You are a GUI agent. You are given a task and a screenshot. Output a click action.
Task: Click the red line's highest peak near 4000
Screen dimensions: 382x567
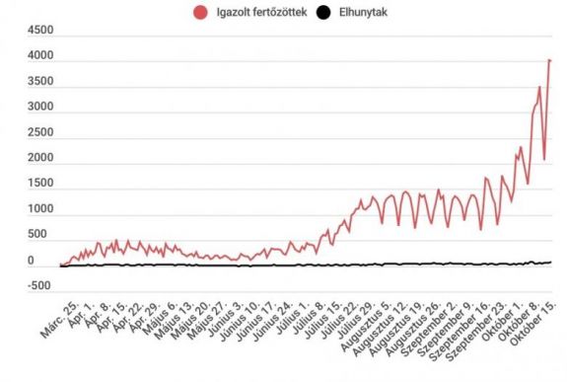(549, 60)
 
